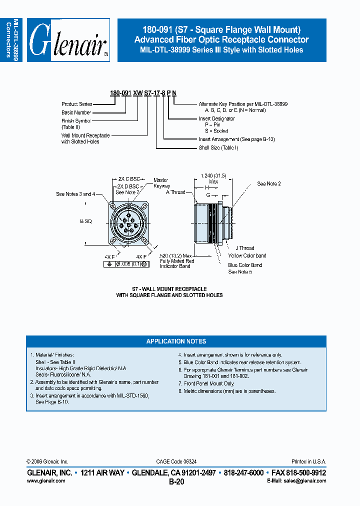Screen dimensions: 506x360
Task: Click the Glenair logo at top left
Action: (x=68, y=40)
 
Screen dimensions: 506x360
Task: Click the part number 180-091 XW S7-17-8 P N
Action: (x=142, y=93)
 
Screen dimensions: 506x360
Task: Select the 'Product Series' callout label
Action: (x=76, y=104)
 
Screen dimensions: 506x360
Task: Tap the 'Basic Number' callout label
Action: (x=76, y=112)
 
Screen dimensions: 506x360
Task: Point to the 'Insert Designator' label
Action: (x=216, y=119)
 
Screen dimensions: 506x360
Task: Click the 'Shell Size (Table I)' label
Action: (x=218, y=147)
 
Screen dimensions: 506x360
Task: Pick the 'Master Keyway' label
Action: (x=161, y=183)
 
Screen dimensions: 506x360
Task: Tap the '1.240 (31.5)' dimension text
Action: (x=213, y=175)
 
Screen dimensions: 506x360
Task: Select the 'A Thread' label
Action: (x=175, y=192)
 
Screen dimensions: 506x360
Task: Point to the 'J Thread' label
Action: (x=244, y=248)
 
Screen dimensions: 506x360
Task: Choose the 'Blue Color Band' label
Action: (x=245, y=265)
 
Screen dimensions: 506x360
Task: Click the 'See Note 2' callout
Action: (x=269, y=184)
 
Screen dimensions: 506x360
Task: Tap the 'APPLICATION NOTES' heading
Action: (x=176, y=341)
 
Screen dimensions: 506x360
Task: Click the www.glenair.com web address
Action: (x=46, y=480)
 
